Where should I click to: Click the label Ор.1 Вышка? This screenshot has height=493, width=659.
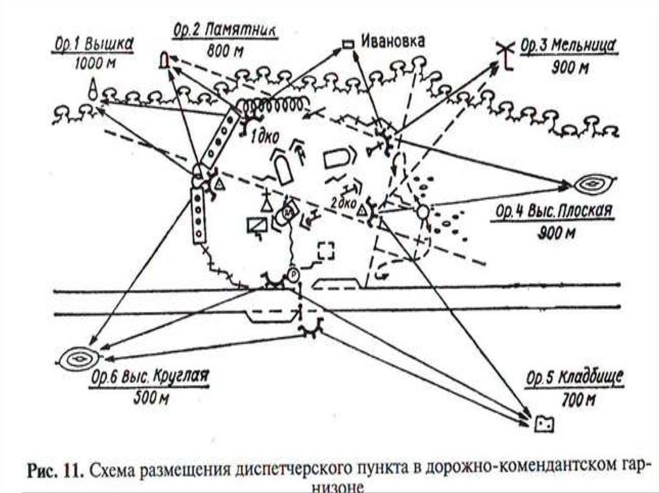(x=93, y=45)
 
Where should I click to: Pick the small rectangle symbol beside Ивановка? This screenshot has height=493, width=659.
(x=348, y=44)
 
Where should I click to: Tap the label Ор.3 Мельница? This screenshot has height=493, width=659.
(x=570, y=46)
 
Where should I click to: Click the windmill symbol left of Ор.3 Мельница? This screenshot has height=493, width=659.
(x=506, y=55)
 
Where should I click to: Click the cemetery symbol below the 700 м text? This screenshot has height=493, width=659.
(x=544, y=424)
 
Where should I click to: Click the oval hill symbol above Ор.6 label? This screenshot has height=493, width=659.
(x=80, y=358)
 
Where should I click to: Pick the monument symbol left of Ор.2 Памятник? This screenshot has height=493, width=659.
(x=165, y=60)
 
